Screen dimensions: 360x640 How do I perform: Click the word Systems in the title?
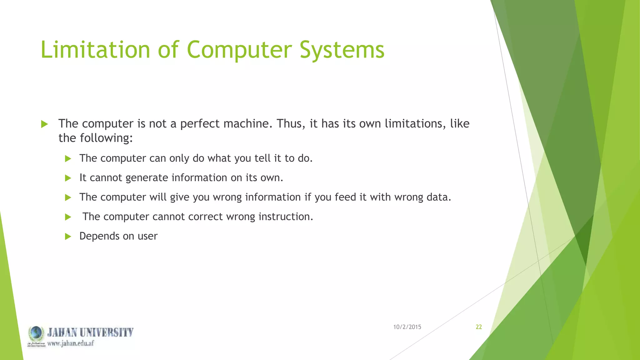[x=342, y=50]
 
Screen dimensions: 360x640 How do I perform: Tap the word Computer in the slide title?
[x=239, y=50]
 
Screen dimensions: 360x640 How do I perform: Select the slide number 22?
[x=479, y=327]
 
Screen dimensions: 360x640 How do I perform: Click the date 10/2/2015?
[x=407, y=327]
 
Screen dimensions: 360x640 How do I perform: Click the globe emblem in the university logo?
[x=36, y=333]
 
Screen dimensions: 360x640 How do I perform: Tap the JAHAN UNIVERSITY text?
[x=90, y=332]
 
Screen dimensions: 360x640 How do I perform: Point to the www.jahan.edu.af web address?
[x=71, y=343]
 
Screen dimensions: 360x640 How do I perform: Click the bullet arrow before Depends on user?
[x=68, y=236]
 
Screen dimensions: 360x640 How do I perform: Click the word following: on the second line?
[x=106, y=138]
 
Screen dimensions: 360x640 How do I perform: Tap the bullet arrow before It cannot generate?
[x=68, y=178]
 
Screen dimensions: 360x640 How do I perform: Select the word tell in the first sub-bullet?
[x=262, y=158]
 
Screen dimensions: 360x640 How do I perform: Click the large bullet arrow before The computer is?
[x=44, y=124]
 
